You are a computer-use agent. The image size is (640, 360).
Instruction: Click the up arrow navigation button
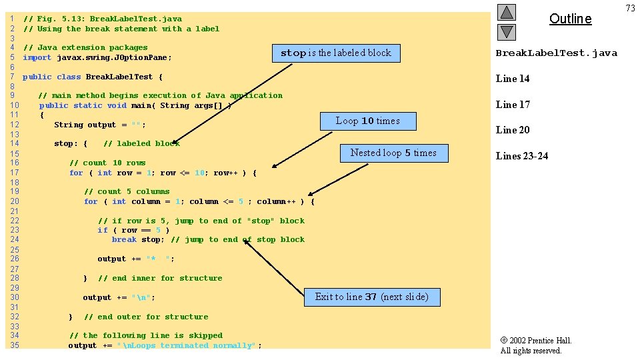click(507, 12)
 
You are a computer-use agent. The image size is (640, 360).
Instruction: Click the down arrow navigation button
click(507, 32)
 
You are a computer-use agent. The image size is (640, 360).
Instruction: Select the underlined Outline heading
click(570, 19)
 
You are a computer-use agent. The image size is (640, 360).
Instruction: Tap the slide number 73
click(630, 8)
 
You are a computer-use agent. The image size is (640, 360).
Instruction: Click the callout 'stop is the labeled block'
click(336, 53)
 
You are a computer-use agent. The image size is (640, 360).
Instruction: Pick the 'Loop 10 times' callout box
click(368, 121)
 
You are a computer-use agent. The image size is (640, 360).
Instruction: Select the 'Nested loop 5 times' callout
click(394, 153)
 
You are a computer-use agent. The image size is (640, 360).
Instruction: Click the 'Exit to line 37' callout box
click(372, 297)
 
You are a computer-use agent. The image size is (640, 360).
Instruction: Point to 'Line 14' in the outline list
click(513, 79)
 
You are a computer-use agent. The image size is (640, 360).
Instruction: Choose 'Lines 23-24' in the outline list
click(522, 156)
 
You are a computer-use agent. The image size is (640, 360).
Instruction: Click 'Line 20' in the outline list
click(513, 130)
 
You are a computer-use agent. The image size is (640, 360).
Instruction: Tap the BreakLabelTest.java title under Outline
click(556, 53)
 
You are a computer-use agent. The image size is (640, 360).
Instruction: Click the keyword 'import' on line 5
click(37, 57)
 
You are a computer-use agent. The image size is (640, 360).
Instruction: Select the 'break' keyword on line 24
click(124, 239)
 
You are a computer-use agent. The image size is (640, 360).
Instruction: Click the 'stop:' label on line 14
click(66, 144)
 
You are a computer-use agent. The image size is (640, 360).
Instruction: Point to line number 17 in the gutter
click(15, 172)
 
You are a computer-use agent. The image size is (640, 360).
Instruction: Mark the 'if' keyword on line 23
click(103, 230)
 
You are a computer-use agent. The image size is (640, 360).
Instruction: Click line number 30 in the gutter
click(15, 297)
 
